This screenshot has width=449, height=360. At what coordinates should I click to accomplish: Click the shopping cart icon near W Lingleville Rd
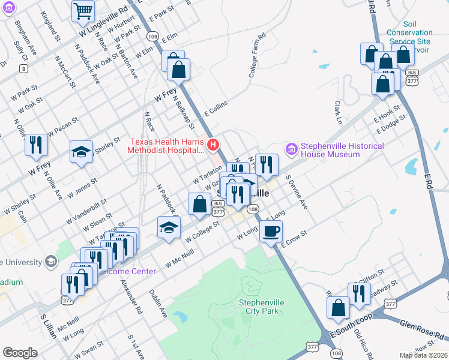pos(83,11)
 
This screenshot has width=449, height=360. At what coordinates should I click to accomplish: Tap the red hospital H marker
pos(212,145)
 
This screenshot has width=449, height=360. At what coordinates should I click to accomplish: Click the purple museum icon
pos(292,148)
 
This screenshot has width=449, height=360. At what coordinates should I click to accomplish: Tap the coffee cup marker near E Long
pos(271,231)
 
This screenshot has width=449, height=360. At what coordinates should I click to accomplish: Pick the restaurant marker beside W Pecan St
pos(36,145)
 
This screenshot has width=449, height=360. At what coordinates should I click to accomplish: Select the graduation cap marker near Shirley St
pos(82,151)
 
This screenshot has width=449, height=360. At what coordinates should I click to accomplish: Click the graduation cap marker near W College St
pos(169,227)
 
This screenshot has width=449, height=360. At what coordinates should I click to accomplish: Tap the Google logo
pos(20,353)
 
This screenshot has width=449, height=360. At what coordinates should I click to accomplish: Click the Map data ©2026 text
pos(423,355)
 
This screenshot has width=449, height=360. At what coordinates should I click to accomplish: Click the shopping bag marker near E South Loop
pos(339,307)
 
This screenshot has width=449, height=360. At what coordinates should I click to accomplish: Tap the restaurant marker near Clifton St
pos(359,293)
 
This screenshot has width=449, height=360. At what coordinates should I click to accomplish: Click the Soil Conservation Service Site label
pos(409,37)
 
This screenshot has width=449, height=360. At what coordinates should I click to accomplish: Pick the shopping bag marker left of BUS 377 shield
pos(199,204)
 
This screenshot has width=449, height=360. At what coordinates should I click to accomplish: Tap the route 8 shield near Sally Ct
pos(23,69)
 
